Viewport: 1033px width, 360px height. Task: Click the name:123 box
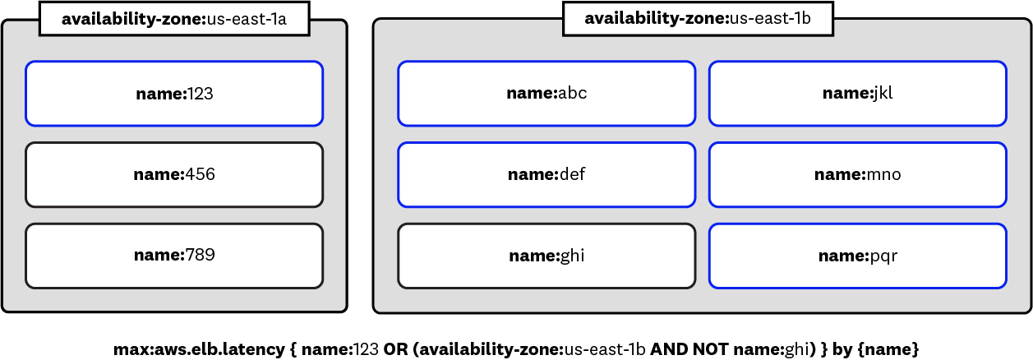[x=174, y=94]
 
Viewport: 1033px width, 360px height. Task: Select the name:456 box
[x=174, y=174]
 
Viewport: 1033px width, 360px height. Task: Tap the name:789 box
[x=174, y=256]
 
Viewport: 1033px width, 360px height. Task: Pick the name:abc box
[x=546, y=94]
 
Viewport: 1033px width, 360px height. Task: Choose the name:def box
[x=546, y=174]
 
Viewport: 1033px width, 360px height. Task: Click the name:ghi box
[x=546, y=256]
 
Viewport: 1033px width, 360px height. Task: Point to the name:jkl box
[x=857, y=94]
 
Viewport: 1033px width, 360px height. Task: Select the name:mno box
[x=857, y=174]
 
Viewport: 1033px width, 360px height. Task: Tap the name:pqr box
[x=857, y=256]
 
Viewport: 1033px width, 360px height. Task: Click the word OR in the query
[x=395, y=349]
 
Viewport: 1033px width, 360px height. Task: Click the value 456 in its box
[x=200, y=174]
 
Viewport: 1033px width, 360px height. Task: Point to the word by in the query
[x=842, y=349]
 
